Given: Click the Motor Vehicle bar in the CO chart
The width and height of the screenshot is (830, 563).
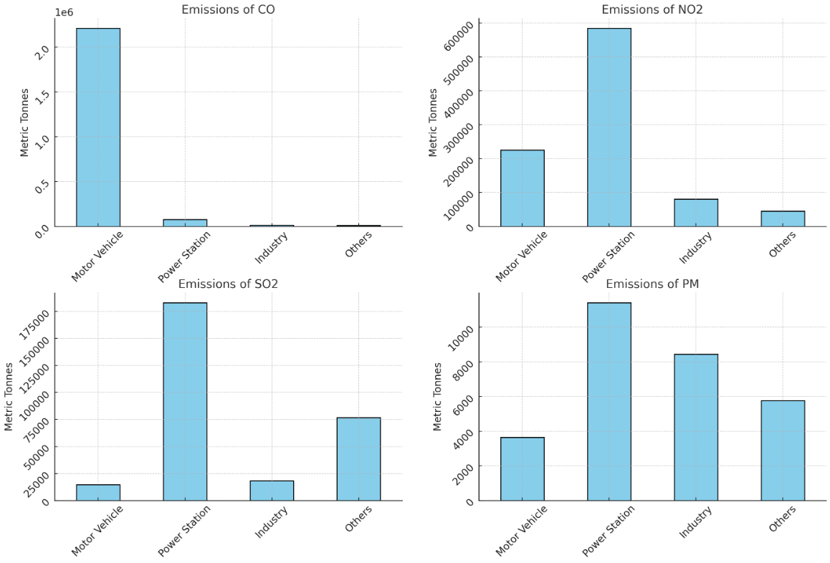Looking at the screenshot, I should tap(98, 127).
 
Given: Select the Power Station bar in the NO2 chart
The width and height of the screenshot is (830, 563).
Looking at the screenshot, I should tap(609, 127).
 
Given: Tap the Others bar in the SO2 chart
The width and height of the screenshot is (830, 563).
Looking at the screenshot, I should tap(358, 458).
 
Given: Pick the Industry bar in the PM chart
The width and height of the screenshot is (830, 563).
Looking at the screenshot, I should tap(696, 427).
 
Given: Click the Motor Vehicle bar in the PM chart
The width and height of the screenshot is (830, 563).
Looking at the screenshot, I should tap(522, 468).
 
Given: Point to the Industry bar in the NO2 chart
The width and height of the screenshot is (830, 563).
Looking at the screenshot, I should tap(696, 213).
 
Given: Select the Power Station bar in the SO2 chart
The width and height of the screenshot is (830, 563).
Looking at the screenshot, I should tap(185, 401).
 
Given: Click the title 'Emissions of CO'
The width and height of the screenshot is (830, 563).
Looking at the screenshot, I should tap(228, 9).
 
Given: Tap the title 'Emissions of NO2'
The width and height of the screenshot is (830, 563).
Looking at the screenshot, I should tap(652, 9).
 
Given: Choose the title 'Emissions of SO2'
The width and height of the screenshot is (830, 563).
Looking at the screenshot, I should tap(228, 284).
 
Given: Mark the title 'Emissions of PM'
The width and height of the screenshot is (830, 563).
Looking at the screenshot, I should tap(652, 284).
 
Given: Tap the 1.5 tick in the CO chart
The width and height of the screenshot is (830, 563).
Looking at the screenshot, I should tap(41, 97).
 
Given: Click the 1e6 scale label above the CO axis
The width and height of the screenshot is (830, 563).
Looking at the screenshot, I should tap(64, 12).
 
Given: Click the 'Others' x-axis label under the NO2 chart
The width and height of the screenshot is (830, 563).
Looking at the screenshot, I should tap(780, 246).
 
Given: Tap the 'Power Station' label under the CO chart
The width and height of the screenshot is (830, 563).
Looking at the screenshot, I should tap(184, 256).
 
